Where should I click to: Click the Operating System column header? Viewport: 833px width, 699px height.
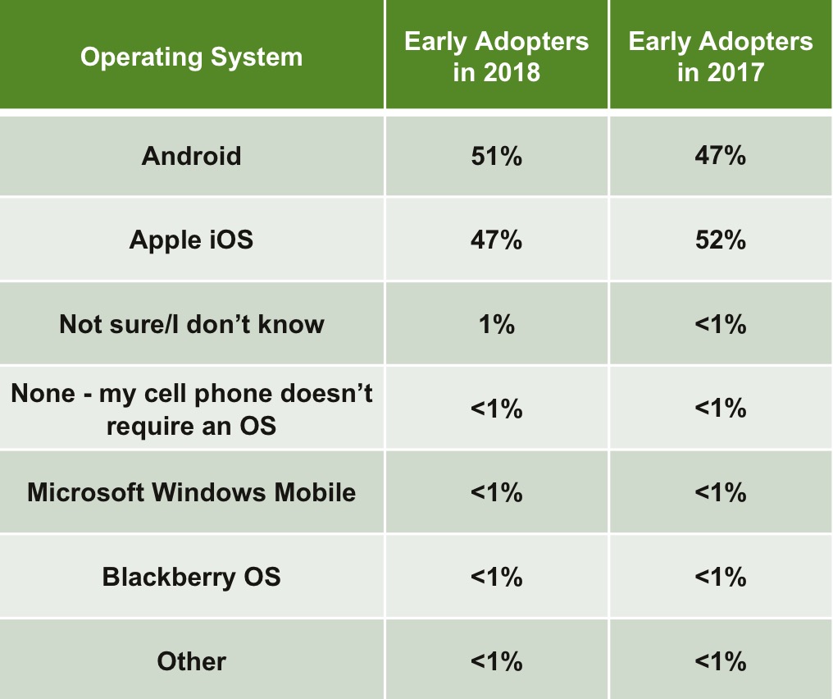[191, 57]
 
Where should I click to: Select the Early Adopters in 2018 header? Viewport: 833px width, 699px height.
[496, 57]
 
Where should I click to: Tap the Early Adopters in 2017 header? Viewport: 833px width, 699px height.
[721, 57]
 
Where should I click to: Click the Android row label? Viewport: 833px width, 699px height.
[191, 155]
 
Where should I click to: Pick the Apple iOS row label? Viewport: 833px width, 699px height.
[191, 240]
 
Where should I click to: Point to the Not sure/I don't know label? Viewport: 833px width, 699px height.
[191, 324]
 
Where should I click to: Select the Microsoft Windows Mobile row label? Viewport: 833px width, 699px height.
[191, 492]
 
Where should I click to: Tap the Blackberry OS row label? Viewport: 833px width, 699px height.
[191, 577]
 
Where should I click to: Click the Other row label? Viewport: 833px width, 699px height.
[191, 661]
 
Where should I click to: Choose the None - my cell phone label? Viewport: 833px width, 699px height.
[191, 409]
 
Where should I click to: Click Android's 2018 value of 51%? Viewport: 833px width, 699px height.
[496, 155]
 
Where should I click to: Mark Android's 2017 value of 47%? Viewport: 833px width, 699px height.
[721, 155]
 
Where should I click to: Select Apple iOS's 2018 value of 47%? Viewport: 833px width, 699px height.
[496, 240]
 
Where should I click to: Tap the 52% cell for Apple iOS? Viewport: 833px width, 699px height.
[721, 240]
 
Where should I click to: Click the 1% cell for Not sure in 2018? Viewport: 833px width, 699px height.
[496, 324]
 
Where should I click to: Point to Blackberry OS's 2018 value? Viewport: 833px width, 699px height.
[496, 577]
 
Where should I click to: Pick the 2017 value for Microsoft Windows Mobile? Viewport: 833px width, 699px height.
[721, 492]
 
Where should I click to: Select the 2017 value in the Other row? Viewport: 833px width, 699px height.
[721, 661]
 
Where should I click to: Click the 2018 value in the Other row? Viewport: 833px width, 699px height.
[496, 661]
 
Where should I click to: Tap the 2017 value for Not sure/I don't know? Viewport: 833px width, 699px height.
[721, 324]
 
